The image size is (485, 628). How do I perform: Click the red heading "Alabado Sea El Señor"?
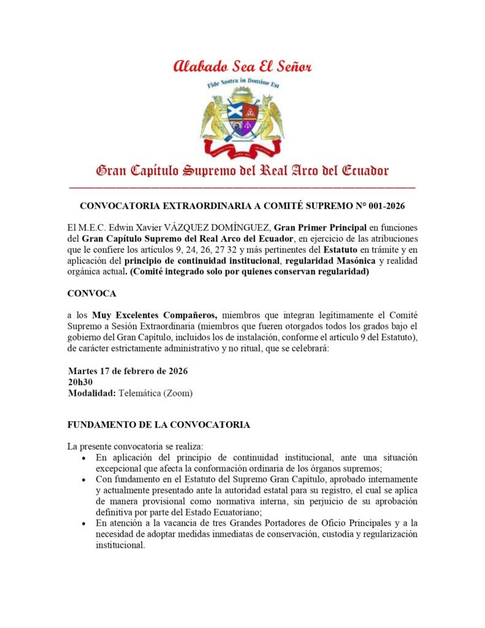[242, 66]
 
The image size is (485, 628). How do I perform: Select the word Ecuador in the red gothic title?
[361, 170]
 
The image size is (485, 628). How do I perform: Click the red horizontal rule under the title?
[242, 186]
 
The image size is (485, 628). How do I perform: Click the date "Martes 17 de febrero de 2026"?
[128, 371]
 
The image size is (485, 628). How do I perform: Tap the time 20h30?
[80, 382]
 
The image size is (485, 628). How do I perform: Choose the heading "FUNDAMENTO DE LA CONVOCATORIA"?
[158, 424]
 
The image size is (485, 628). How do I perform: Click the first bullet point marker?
[83, 458]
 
